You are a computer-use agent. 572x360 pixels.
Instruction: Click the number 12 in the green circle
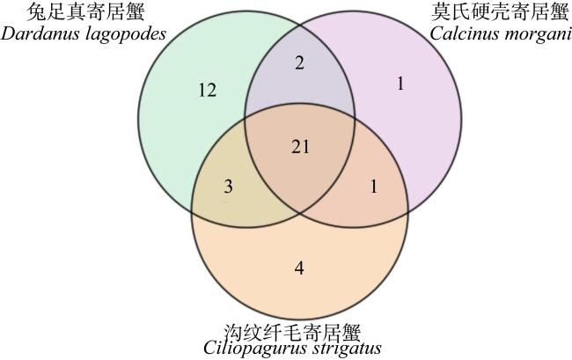pos(207,90)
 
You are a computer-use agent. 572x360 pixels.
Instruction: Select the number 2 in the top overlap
pos(299,62)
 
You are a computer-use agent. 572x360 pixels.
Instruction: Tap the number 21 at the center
pos(301,147)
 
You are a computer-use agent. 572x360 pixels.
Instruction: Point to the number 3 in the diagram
pos(228,187)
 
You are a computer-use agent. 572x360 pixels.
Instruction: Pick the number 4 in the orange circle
pos(299,268)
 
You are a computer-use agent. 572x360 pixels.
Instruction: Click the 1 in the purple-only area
pos(400,84)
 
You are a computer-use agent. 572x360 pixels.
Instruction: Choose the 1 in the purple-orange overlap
pos(373,187)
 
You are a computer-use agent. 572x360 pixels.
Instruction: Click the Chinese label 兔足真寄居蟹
pos(86,12)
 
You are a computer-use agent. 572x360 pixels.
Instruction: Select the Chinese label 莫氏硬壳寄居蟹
pos(500,11)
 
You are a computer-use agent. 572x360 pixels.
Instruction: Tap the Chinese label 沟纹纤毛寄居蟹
pos(292,332)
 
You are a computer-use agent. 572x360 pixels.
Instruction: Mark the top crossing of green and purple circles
pos(300,26)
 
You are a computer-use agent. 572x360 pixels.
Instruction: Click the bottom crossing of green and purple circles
pos(300,213)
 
